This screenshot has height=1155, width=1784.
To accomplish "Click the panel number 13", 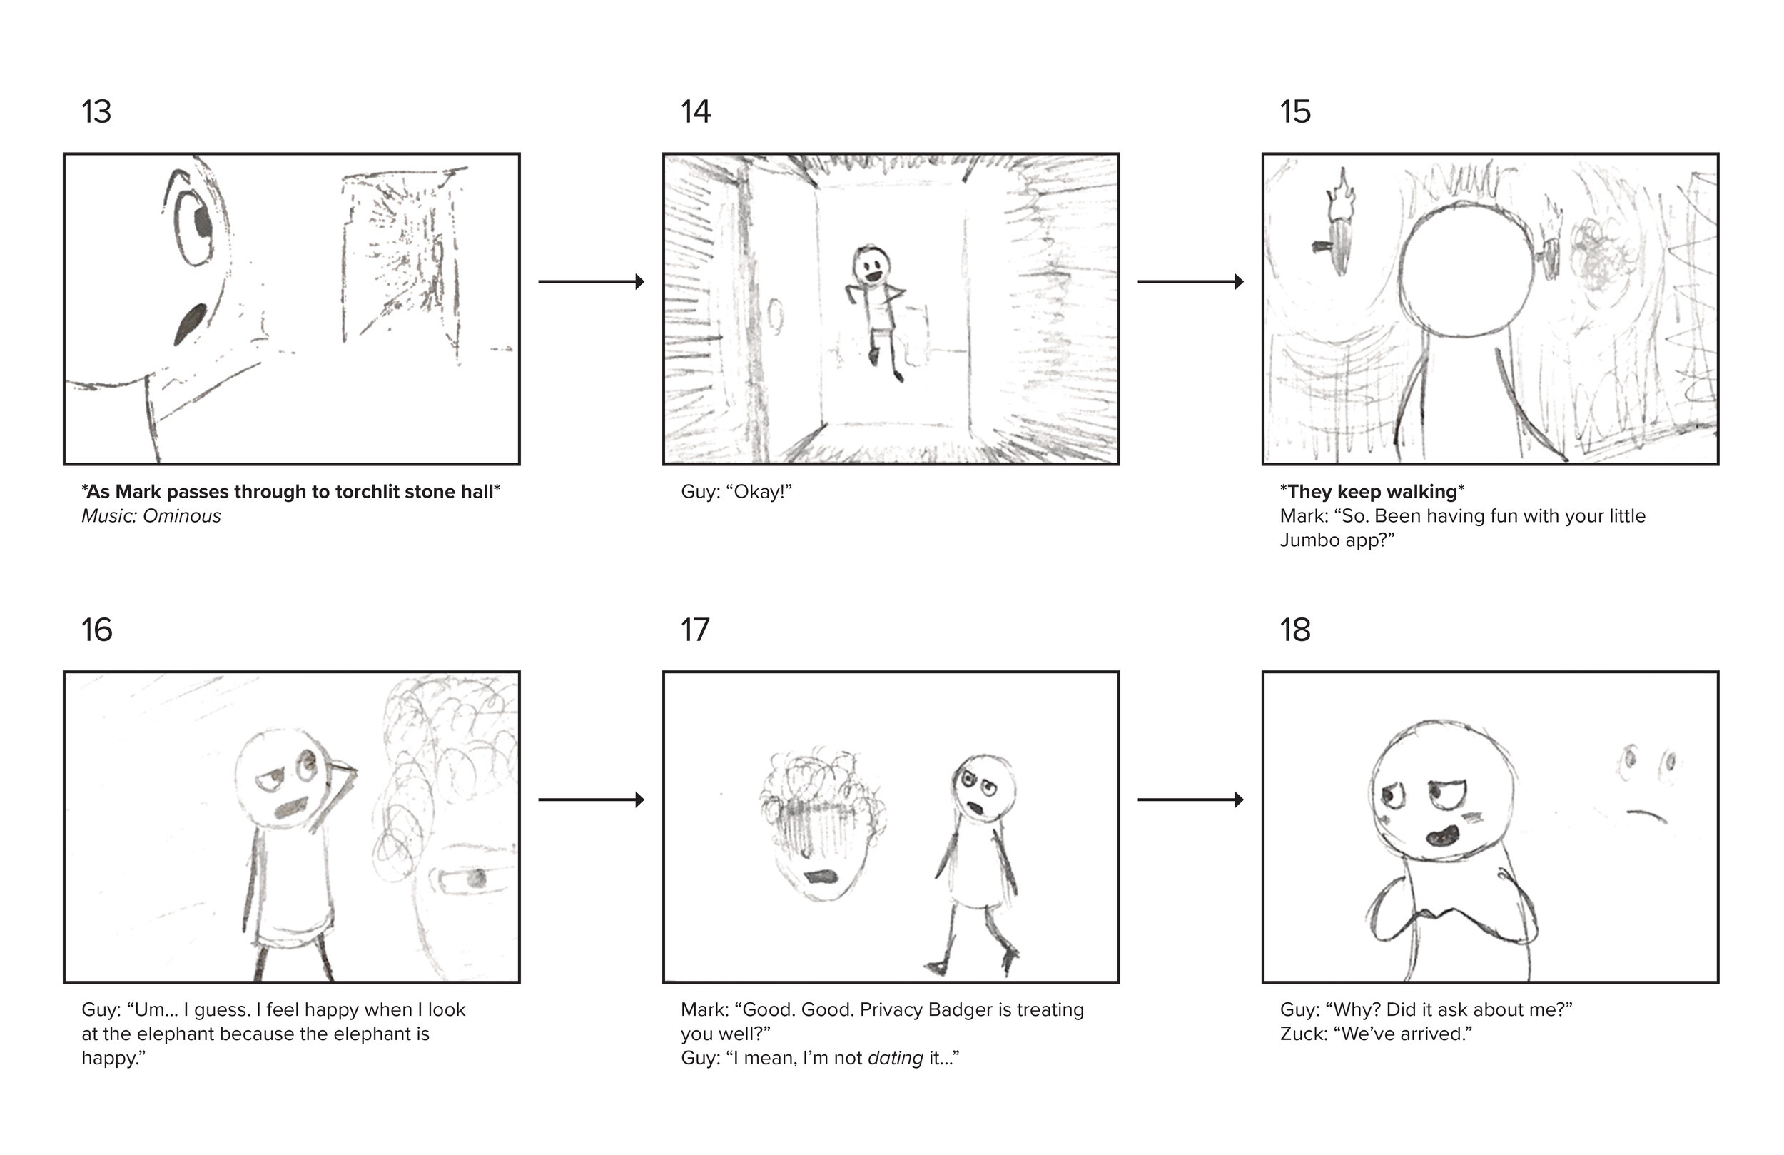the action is point(97,112).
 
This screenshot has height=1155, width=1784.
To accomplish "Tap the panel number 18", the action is point(1295,630).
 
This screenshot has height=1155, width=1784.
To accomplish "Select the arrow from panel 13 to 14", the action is point(592,282).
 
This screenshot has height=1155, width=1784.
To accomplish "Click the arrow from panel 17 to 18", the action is point(1191,800).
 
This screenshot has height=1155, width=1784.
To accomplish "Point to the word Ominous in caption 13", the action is point(182,516).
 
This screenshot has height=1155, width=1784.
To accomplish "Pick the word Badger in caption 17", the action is point(958,1010).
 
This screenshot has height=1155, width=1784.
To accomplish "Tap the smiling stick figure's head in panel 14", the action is point(871,266).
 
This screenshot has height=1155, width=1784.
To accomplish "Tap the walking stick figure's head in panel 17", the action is point(983,787).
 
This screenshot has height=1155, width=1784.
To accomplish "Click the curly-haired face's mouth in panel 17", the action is point(821,876).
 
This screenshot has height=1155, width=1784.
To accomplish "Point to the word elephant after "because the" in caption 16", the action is point(381,1034).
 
